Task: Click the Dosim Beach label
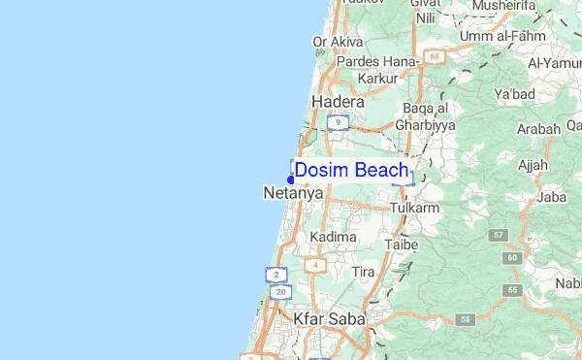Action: point(351,171)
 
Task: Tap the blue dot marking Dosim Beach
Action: point(291,180)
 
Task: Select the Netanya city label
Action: point(293,194)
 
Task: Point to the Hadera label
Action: point(338,102)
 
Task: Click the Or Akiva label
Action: point(338,42)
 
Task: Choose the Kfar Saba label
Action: point(329,318)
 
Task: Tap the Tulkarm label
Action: point(415,209)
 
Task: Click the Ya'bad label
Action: point(515,95)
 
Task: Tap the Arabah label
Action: point(538,129)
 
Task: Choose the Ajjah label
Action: point(533,164)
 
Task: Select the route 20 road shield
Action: point(280,292)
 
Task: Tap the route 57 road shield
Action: point(500,236)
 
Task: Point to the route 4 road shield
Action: point(313,265)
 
